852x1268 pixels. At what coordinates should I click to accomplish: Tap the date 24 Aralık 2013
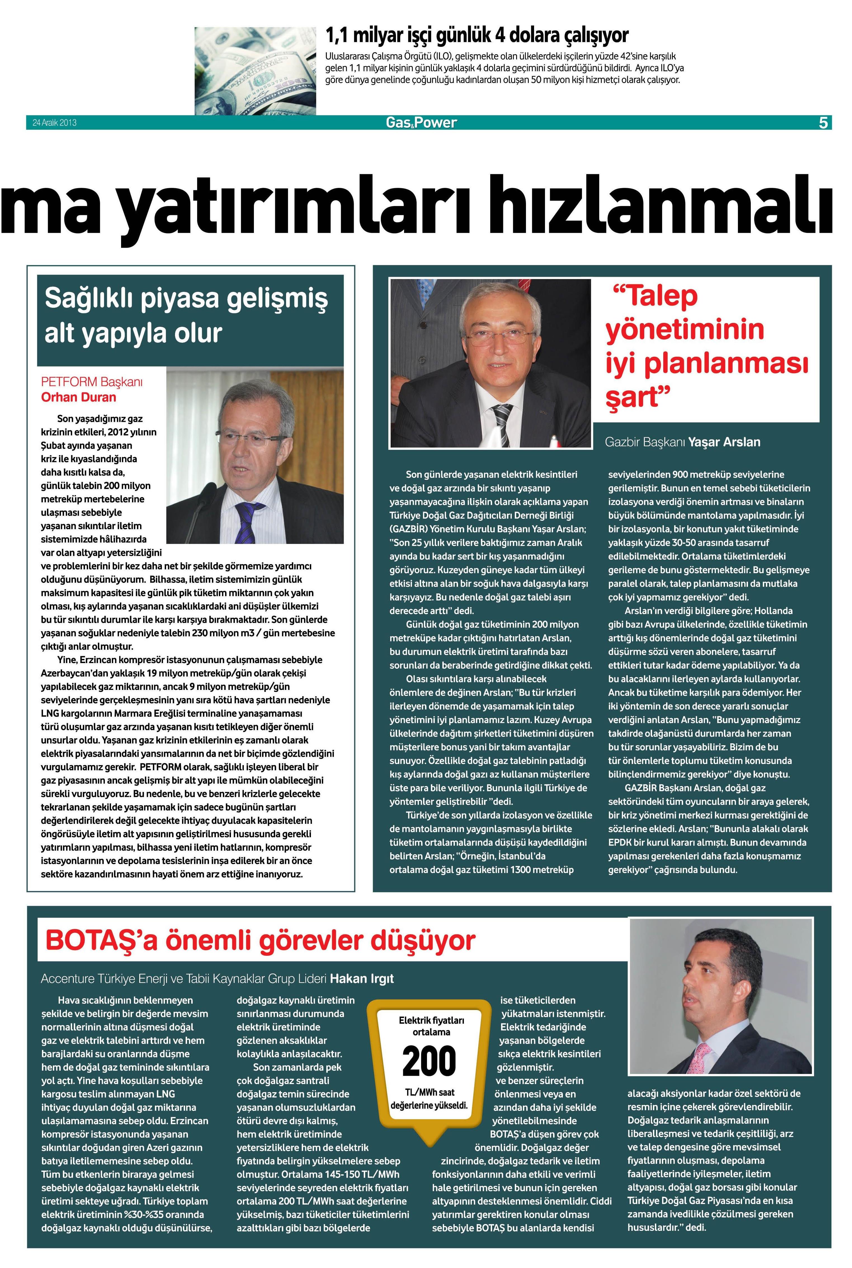(x=54, y=123)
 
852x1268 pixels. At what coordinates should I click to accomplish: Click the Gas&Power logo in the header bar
(x=421, y=123)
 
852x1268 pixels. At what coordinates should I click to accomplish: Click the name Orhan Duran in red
(x=79, y=397)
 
